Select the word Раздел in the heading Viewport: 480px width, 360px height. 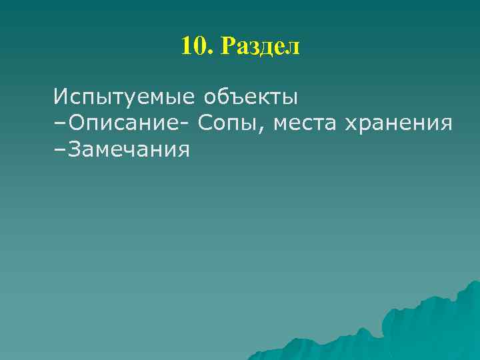(261, 47)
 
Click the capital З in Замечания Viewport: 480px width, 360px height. (73, 150)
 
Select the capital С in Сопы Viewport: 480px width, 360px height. (203, 123)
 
